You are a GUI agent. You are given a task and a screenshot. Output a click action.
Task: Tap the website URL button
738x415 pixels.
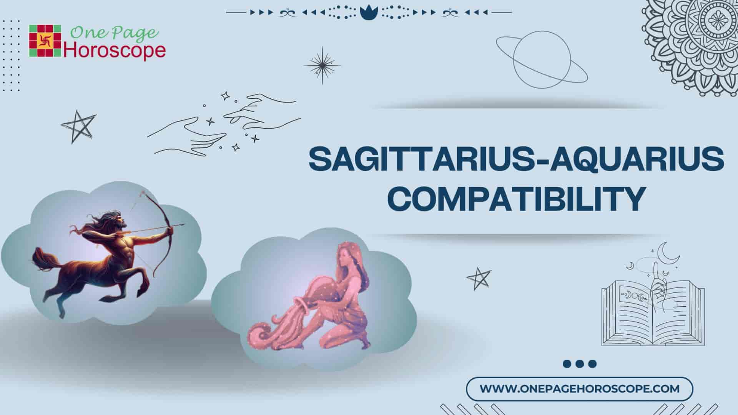[x=580, y=388]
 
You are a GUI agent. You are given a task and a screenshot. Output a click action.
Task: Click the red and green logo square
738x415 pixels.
[x=45, y=41]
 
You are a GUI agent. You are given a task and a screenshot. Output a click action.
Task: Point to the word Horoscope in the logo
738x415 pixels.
[x=115, y=51]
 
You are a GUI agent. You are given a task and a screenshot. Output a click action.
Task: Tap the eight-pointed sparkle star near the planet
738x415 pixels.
[x=322, y=65]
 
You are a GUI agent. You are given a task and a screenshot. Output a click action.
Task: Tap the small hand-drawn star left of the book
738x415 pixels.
[x=479, y=278]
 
